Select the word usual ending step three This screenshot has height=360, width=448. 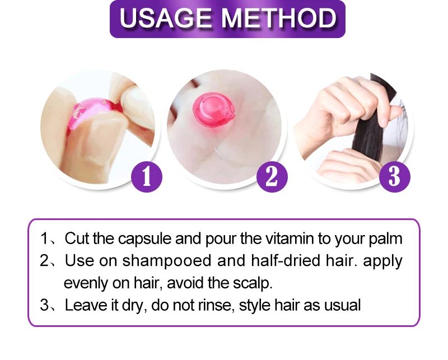[x=343, y=305]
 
